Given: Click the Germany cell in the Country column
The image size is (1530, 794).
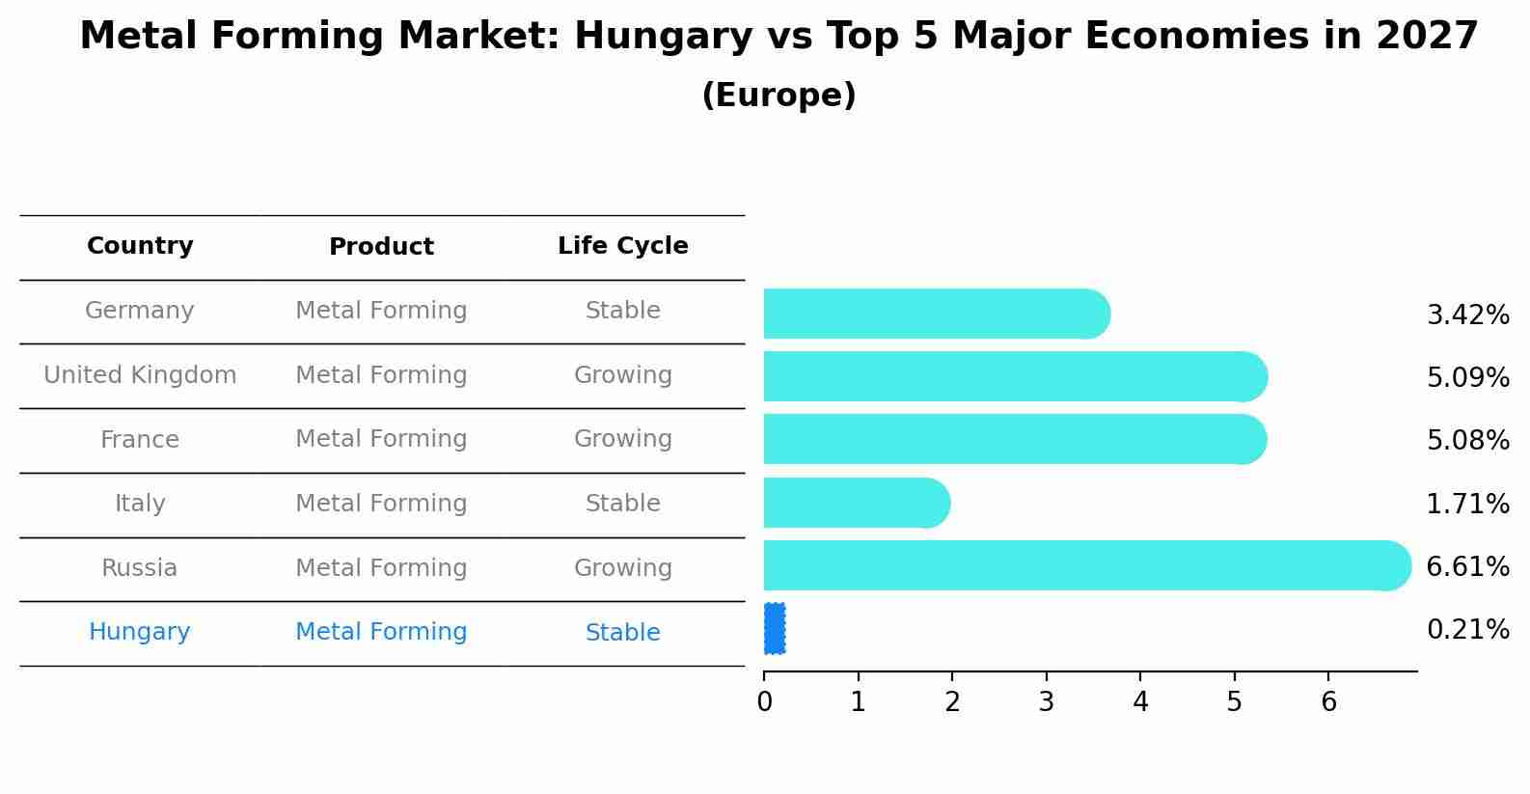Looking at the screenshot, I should (x=140, y=311).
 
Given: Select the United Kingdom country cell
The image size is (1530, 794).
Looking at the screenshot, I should (x=140, y=375).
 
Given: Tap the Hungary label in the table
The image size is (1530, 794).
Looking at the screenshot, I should (x=140, y=632).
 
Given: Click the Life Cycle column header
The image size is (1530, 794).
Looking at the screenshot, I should (x=622, y=246).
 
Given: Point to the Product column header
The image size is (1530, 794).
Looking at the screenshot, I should (x=381, y=247).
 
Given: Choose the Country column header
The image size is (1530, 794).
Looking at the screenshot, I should (x=140, y=246).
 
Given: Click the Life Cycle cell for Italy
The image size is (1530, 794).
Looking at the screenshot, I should (x=622, y=504).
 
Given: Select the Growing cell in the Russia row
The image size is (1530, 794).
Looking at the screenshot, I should (x=622, y=568).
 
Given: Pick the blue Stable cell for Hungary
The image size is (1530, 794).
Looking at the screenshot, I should (x=622, y=633).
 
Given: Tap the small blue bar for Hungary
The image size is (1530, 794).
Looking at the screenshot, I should (x=775, y=628).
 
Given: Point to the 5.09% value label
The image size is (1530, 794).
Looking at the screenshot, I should (x=1467, y=377).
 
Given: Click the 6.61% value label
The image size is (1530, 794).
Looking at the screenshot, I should (x=1467, y=566).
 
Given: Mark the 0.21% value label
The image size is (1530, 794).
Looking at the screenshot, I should (x=1467, y=630).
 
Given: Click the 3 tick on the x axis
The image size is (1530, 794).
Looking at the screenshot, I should (x=1047, y=702).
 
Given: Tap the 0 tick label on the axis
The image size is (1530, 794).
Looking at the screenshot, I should (x=764, y=702).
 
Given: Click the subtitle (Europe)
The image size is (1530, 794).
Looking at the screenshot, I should (x=779, y=96).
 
